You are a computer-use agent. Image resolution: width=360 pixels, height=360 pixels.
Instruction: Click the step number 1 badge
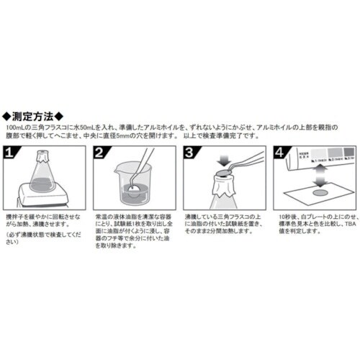(12, 153)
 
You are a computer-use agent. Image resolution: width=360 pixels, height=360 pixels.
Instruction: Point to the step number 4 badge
(278, 153)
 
